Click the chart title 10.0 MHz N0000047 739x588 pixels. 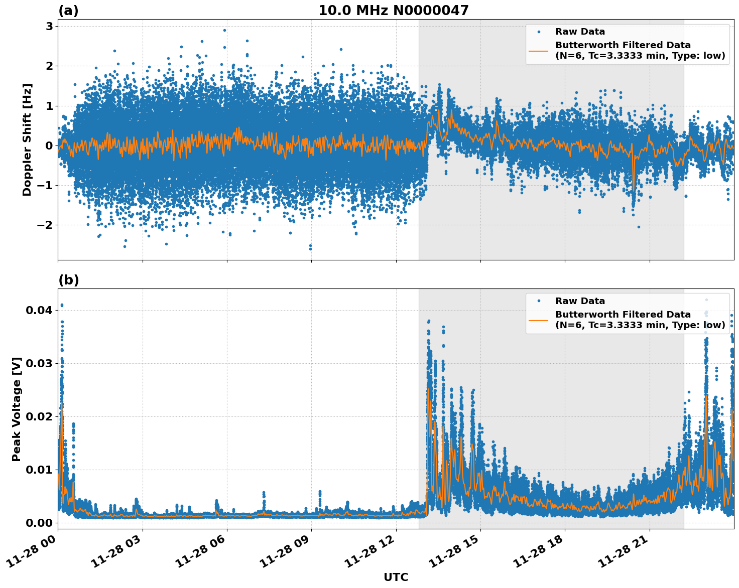pos(393,11)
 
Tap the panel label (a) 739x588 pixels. pos(68,11)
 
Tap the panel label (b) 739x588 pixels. pos(68,280)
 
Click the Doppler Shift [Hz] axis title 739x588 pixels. pos(27,139)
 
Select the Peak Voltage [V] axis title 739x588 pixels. pos(17,409)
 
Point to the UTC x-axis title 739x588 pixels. pos(396,577)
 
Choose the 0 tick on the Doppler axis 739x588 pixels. pos(49,145)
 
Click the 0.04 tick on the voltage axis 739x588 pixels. pos(39,310)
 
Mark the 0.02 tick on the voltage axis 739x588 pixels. pos(39,416)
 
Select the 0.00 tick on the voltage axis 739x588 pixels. pos(39,523)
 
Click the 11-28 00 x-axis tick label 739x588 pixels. pos(31,556)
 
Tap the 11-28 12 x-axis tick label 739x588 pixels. pos(369,556)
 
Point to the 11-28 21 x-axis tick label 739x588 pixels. pos(623,556)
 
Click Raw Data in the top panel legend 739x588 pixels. pos(580,32)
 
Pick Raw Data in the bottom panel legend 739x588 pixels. pos(580,301)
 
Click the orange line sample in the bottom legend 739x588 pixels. pos(539,320)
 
